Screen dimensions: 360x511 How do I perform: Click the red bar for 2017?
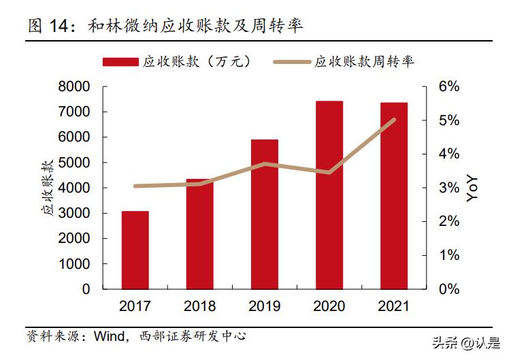(135, 250)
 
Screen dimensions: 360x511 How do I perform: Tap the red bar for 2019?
(265, 214)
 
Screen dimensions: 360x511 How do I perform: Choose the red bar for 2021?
(394, 195)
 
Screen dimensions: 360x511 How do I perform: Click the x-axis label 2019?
(265, 307)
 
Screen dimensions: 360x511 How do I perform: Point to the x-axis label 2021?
(394, 307)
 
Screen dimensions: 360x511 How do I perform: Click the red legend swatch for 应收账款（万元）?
(121, 62)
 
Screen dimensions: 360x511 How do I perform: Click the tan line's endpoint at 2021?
(394, 120)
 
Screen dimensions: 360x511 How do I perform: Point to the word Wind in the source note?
(108, 336)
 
